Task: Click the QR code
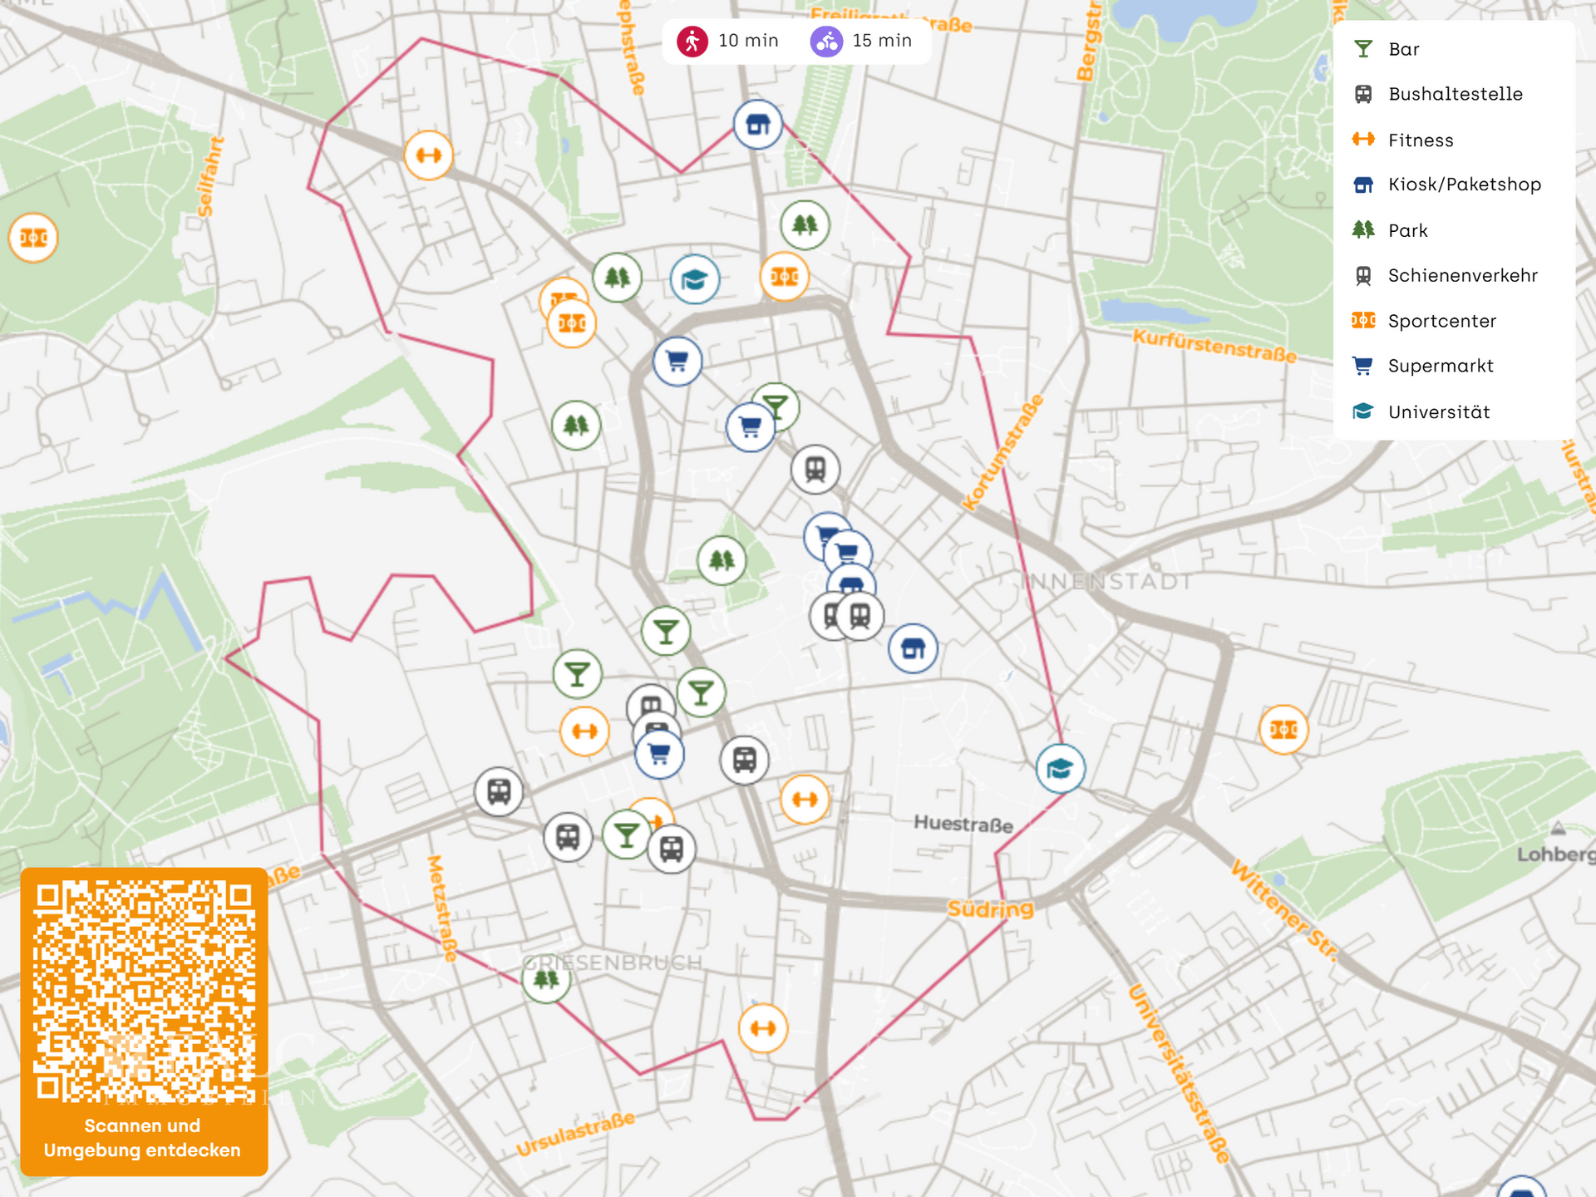pos(144,991)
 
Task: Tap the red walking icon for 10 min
pos(692,41)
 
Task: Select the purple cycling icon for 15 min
pos(826,41)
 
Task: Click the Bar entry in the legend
pos(1403,49)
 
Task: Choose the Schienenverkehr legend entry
pos(1461,275)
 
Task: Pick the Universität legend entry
pos(1438,411)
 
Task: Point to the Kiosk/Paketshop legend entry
pos(1464,185)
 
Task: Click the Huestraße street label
pos(963,824)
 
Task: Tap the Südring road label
pos(990,909)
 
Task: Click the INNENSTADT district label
pos(1106,581)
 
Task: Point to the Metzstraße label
pos(442,908)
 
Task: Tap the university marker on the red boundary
pos(1060,768)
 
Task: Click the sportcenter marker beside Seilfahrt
pos(33,238)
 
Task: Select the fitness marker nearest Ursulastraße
pos(762,1028)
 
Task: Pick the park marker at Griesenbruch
pos(546,979)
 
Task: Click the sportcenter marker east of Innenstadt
pos(1283,729)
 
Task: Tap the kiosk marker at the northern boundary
pos(757,125)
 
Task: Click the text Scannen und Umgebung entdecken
pos(142,1138)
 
